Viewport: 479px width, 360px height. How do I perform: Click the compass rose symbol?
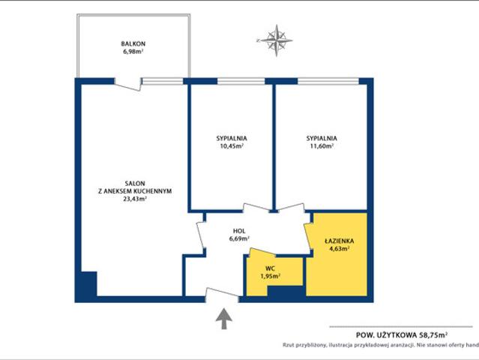point(276,40)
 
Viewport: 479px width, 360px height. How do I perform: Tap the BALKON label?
point(133,44)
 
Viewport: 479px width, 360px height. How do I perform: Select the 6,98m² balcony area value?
point(133,51)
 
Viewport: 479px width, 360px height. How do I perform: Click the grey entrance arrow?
point(224,319)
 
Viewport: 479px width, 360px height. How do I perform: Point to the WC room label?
point(270,269)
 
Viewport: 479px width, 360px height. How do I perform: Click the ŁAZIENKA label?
point(339,241)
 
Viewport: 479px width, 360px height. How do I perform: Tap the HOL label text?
point(239,231)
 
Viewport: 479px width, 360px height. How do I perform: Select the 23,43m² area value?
point(134,199)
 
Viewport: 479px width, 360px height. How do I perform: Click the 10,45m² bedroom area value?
point(232,145)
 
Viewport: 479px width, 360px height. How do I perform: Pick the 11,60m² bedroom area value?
point(322,145)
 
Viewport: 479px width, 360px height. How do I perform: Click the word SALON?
point(135,184)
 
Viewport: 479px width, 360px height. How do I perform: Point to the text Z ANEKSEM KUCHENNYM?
point(135,191)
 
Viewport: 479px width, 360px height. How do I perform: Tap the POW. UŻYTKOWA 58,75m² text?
point(402,335)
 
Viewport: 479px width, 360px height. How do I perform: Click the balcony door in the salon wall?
point(128,84)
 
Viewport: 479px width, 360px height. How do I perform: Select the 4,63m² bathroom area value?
point(339,248)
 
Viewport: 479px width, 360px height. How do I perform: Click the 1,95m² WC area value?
point(271,276)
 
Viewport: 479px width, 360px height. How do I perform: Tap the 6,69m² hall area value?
point(240,238)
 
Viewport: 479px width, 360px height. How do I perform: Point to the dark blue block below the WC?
point(286,291)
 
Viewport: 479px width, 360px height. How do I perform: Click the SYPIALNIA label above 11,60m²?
point(322,139)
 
